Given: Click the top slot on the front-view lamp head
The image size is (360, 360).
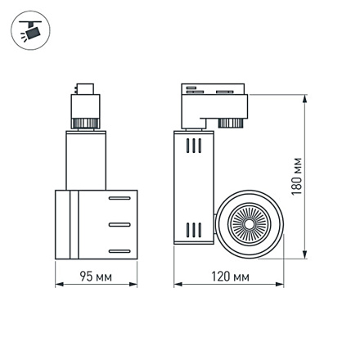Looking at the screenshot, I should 118,198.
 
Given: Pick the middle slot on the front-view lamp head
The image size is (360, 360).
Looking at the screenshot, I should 118,223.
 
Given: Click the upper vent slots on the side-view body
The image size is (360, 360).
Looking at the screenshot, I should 194,147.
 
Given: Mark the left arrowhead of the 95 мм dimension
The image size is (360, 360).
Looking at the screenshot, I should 58,286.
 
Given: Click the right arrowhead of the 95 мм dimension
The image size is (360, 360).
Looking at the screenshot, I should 133,286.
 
